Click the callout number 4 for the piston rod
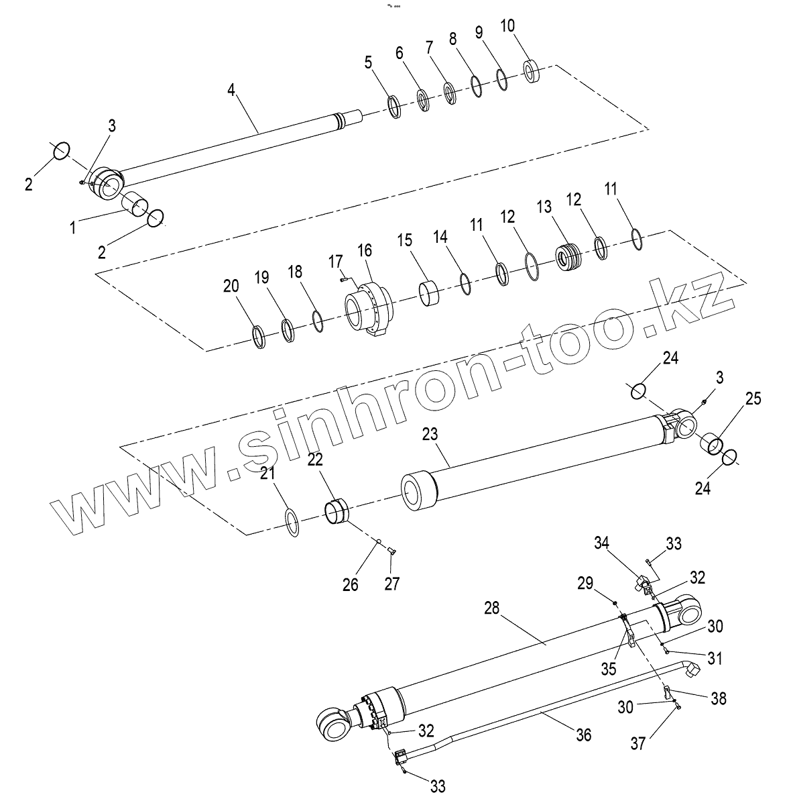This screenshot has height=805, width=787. [x=231, y=90]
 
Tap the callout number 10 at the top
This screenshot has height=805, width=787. [x=508, y=26]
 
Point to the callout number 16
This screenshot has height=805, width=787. [x=364, y=251]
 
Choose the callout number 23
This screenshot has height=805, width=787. [x=429, y=434]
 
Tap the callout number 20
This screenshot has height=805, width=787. [x=231, y=286]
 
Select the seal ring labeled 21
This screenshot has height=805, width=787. [x=292, y=522]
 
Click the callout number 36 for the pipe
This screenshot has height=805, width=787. [x=584, y=735]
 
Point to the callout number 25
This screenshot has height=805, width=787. [x=753, y=399]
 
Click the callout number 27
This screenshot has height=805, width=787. [x=391, y=584]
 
